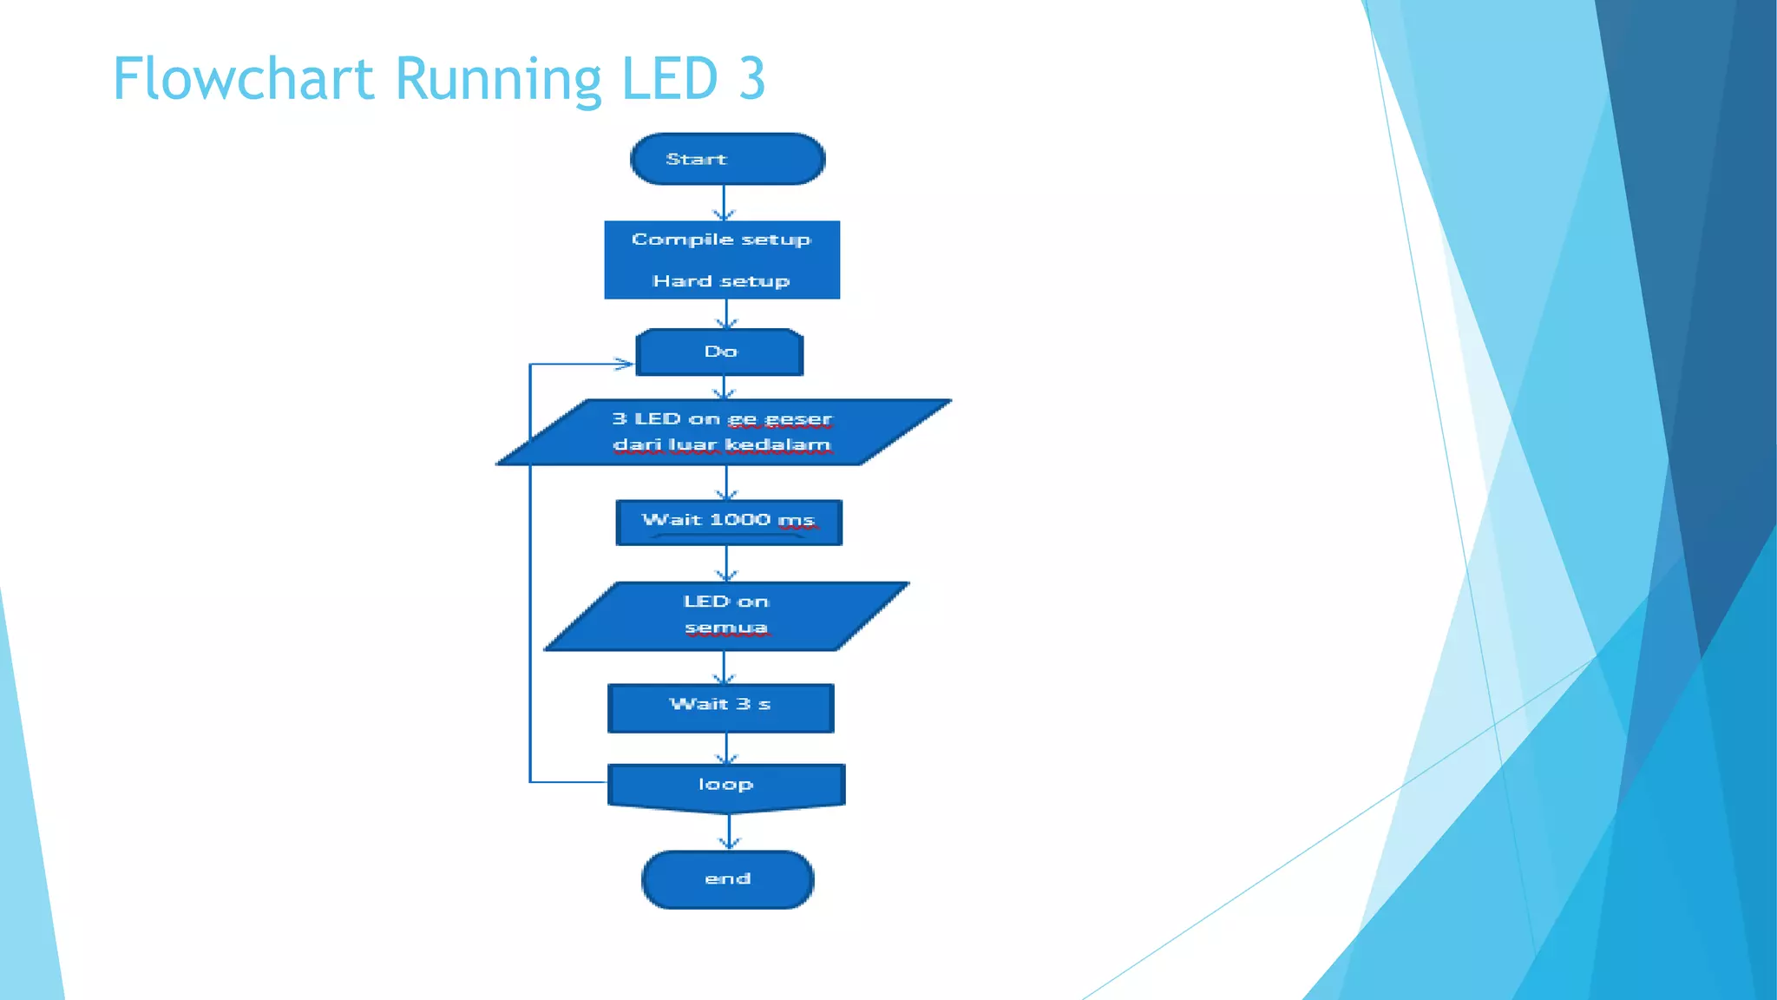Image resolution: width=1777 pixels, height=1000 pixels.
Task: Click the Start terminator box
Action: (x=727, y=159)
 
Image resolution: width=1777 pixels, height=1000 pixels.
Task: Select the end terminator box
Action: (x=727, y=879)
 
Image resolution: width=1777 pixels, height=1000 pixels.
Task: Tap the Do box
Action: (x=719, y=352)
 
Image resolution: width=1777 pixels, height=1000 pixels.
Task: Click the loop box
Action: (x=726, y=786)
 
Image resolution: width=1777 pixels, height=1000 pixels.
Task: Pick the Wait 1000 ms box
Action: (x=728, y=522)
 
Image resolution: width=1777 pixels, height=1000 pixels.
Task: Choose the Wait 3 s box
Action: (x=720, y=707)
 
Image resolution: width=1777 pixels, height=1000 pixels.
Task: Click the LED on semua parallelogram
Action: (x=726, y=615)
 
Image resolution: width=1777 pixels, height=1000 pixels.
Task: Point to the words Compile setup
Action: (x=721, y=240)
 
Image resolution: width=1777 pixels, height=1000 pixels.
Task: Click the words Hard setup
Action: (x=721, y=281)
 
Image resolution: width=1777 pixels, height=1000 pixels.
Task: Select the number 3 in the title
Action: (x=751, y=79)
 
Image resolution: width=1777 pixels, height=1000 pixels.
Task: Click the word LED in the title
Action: (x=670, y=79)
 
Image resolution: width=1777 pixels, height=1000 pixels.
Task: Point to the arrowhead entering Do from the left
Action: (x=625, y=364)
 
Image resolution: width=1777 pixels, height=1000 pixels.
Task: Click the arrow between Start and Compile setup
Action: (x=725, y=202)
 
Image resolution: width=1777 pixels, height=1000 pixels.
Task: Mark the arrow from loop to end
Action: (x=729, y=832)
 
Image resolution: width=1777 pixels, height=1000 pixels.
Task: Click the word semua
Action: (x=726, y=628)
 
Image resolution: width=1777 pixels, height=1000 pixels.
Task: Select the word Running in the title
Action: (x=498, y=79)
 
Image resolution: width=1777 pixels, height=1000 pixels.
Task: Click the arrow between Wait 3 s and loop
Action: (x=726, y=748)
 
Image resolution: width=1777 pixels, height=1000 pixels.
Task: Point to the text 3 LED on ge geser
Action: (x=722, y=419)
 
